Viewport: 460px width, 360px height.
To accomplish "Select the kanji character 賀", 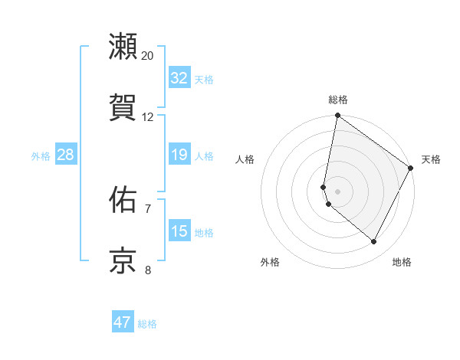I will tap(123, 106).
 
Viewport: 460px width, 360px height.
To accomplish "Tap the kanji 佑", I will tap(123, 200).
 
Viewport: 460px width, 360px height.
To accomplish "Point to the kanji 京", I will tap(123, 260).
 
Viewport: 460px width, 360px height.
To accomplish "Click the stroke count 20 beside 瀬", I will tap(148, 55).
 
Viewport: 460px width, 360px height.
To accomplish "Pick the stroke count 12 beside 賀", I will tap(148, 116).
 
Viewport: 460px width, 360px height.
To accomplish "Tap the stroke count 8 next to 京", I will tap(148, 270).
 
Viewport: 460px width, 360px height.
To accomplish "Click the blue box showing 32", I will tap(179, 78).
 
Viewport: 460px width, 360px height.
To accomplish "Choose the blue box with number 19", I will tap(179, 155).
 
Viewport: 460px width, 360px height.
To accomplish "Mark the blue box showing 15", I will tap(179, 231).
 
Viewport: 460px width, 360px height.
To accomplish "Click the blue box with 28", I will tap(66, 155).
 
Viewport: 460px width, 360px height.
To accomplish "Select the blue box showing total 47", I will tap(123, 322).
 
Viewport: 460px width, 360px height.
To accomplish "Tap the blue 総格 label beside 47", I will tap(147, 324).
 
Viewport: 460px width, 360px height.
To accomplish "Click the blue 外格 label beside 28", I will tap(41, 156).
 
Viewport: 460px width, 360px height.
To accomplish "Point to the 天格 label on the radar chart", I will tap(431, 159).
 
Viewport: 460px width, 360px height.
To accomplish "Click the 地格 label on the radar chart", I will tap(402, 262).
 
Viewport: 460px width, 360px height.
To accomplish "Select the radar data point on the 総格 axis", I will tap(337, 116).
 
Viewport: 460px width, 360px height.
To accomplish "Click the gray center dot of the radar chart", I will tap(337, 191).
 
